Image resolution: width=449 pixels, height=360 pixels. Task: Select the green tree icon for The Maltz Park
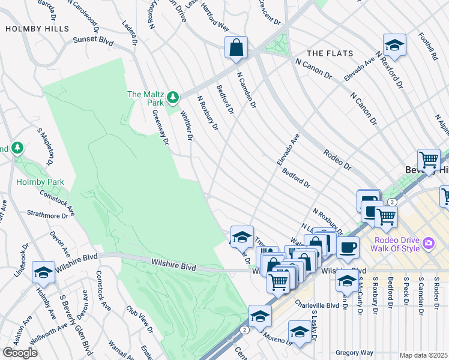coord(173,97)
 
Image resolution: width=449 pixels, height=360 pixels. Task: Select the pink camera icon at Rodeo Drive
coord(428,243)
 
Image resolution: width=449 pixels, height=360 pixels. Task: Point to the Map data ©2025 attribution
coord(423,355)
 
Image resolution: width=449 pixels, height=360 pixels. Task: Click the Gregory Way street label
coord(354,353)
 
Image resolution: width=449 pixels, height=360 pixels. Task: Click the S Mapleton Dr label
coord(46,147)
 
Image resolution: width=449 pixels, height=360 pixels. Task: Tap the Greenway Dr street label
coord(161,126)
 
